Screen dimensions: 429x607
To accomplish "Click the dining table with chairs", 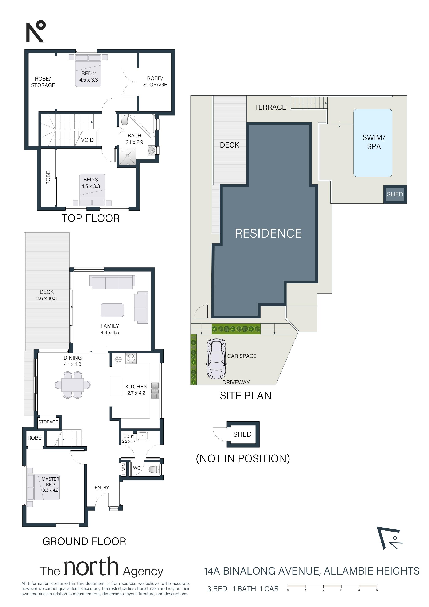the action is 73,385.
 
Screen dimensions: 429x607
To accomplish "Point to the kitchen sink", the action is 155,391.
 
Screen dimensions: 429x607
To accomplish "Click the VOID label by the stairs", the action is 87,140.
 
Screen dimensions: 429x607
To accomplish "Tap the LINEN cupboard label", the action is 124,469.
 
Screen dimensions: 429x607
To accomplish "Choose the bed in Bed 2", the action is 88,70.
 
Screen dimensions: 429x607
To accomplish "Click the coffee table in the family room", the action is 112,310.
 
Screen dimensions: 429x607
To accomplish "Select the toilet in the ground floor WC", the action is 154,469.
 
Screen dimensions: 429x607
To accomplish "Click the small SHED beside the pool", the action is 395,194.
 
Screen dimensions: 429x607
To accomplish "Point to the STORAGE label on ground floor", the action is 48,422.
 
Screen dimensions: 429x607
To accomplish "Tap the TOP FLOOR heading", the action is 90,218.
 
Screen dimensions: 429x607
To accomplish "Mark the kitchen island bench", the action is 116,386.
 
